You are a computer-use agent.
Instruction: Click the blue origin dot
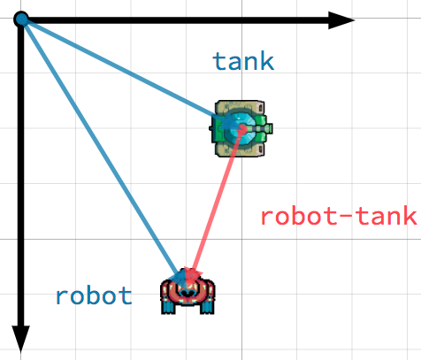[x=21, y=19]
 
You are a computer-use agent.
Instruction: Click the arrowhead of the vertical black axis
[x=20, y=339]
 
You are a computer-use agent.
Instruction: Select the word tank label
[x=243, y=61]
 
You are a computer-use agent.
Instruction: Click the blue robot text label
[x=94, y=295]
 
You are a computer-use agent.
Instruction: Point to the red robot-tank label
[x=339, y=216]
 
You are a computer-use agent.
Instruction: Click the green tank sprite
[x=241, y=128]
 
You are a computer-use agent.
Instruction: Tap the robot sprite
[x=188, y=294]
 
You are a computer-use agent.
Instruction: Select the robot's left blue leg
[x=169, y=307]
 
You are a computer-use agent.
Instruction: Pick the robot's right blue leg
[x=208, y=307]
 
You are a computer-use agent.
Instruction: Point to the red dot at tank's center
[x=242, y=129]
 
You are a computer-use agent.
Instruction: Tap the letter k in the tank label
[x=267, y=61]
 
